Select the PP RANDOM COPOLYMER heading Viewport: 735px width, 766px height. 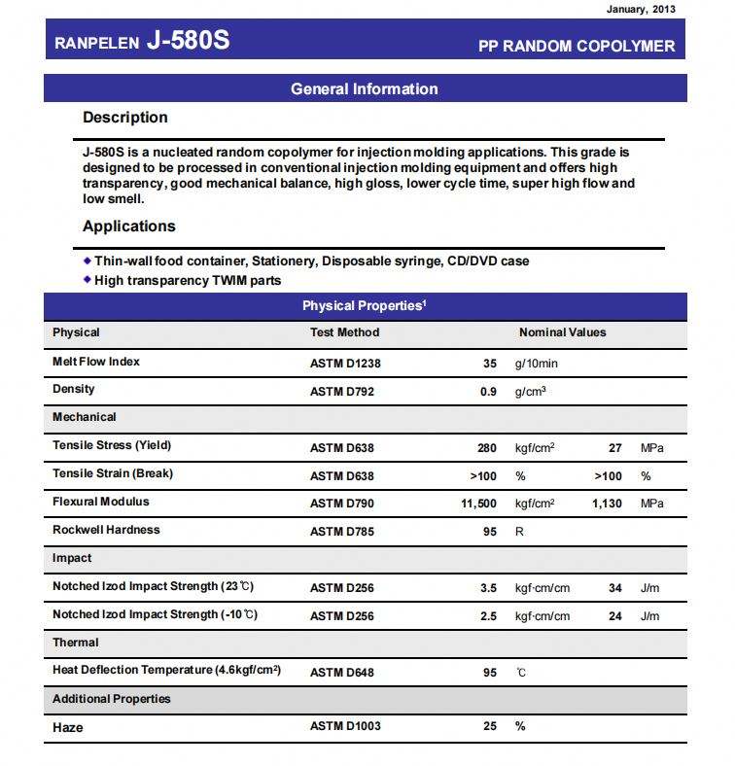pyautogui.click(x=577, y=46)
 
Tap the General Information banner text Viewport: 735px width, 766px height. pyautogui.click(x=365, y=88)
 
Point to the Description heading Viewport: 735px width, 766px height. pyautogui.click(x=124, y=118)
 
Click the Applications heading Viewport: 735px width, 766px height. pyautogui.click(x=128, y=226)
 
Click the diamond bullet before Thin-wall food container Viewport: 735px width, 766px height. pyautogui.click(x=87, y=261)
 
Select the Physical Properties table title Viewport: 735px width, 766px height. pyautogui.click(x=365, y=306)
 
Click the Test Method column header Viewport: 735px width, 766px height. pyautogui.click(x=344, y=332)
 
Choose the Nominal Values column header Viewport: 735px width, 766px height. pyautogui.click(x=562, y=332)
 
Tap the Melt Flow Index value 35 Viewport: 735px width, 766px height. pyautogui.click(x=489, y=364)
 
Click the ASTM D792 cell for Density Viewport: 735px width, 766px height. pyautogui.click(x=341, y=392)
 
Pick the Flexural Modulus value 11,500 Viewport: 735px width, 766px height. pyautogui.click(x=478, y=504)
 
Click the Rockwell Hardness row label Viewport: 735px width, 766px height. pyautogui.click(x=106, y=530)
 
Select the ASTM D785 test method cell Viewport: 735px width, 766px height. pyautogui.click(x=341, y=532)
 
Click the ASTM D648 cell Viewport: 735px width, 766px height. pyautogui.click(x=341, y=673)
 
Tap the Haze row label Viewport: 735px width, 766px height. pyautogui.click(x=68, y=727)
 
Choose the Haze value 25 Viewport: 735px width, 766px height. pyautogui.click(x=489, y=727)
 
